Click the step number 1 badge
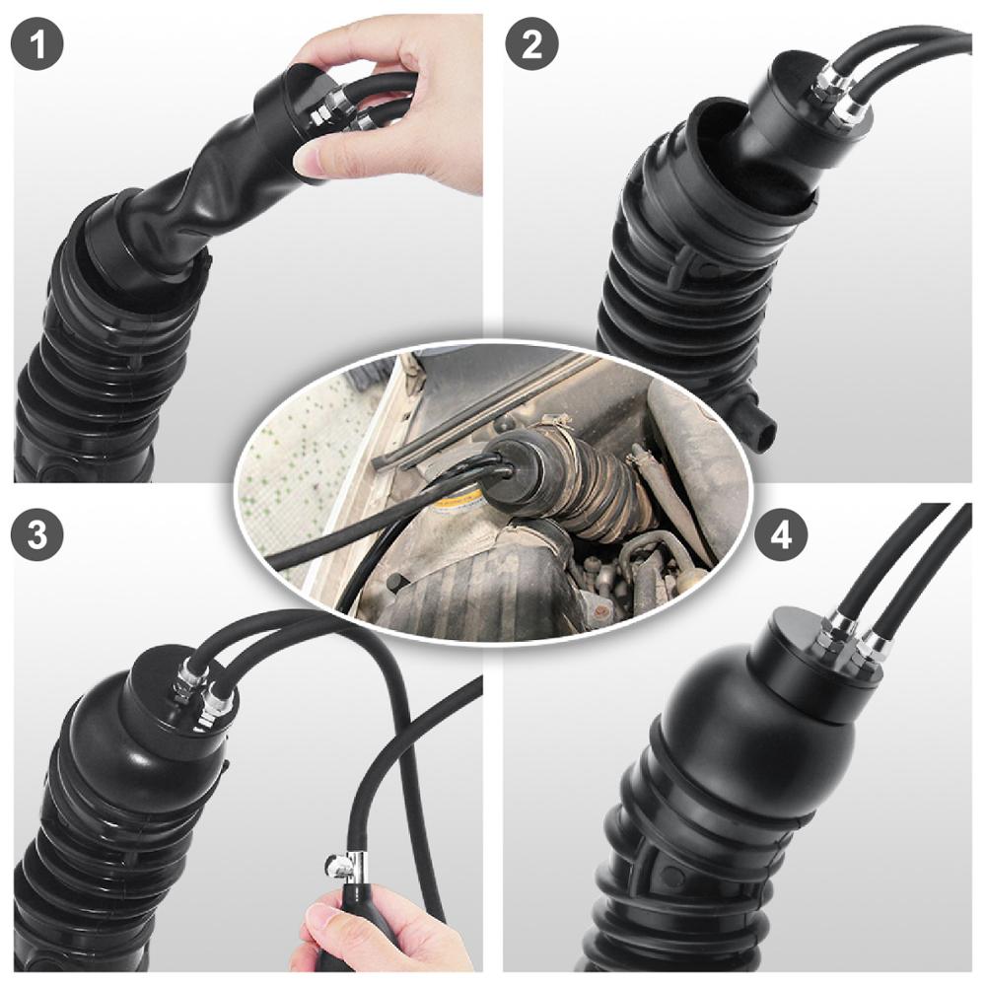[37, 43]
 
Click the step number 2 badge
[531, 43]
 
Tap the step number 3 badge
[37, 534]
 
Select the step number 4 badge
[781, 535]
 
